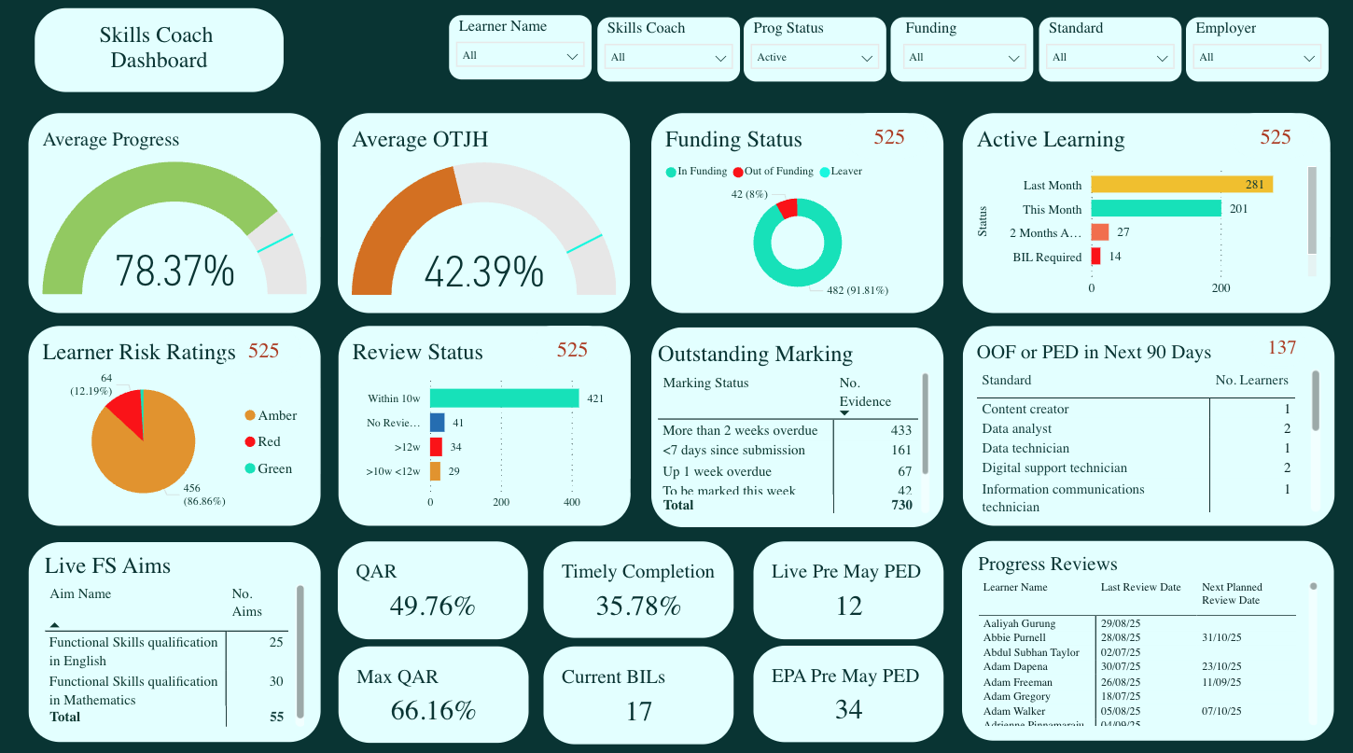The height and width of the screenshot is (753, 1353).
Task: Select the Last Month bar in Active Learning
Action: [1180, 185]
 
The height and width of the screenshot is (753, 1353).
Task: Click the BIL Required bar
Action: [1095, 257]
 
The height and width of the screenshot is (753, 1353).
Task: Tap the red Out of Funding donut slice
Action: [788, 208]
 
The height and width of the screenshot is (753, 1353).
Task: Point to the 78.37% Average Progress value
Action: [174, 272]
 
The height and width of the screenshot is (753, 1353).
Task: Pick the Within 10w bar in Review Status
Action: [504, 398]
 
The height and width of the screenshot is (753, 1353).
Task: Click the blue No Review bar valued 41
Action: [437, 423]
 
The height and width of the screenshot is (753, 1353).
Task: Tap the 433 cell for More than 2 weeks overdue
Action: [900, 430]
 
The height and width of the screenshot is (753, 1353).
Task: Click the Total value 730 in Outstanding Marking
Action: [900, 505]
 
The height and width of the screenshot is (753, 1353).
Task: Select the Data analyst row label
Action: [1016, 428]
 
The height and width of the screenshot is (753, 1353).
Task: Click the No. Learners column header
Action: [1251, 380]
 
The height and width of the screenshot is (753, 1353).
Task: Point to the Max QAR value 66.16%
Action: [433, 710]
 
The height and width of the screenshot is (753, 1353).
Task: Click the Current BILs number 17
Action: [638, 712]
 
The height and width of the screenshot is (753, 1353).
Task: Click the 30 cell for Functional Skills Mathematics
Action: [276, 682]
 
